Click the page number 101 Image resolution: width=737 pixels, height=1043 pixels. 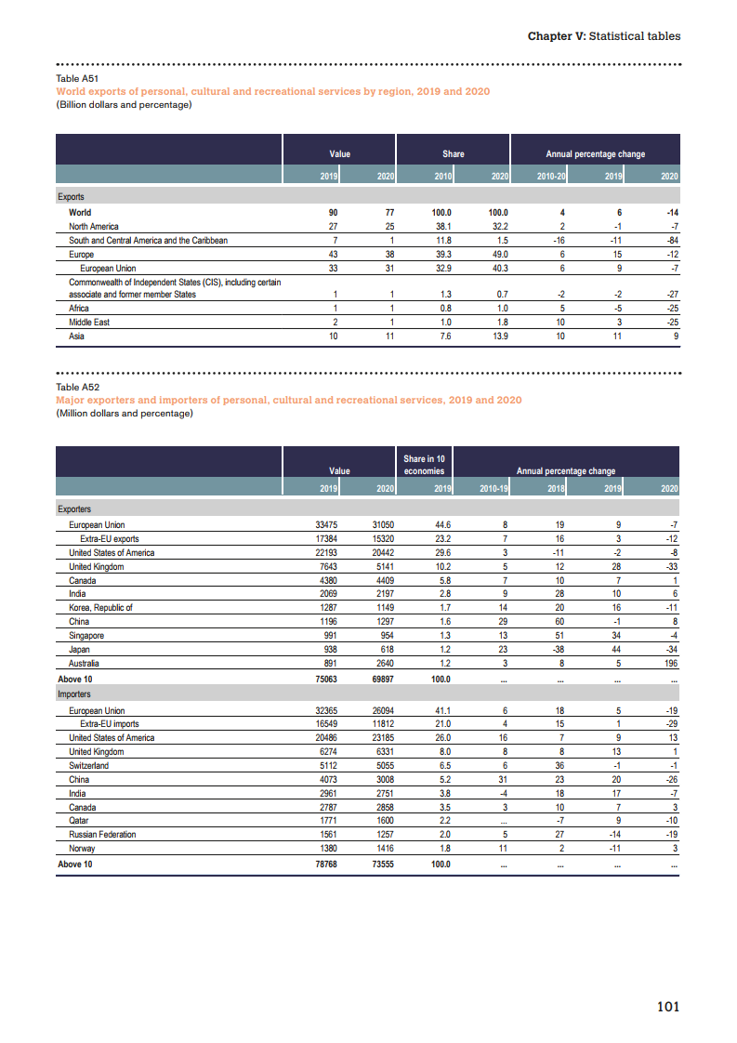[x=668, y=1007]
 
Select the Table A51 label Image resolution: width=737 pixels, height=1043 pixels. [x=78, y=80]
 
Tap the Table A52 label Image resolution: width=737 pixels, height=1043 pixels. [x=78, y=387]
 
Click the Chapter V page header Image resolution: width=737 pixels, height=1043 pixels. [x=603, y=36]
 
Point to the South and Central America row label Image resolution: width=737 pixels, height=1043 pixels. [x=148, y=240]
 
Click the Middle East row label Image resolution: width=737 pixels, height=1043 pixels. [x=89, y=323]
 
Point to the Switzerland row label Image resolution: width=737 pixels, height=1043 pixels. [x=88, y=766]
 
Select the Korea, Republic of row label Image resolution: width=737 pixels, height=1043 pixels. [x=100, y=608]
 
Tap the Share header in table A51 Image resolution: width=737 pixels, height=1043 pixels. [x=453, y=153]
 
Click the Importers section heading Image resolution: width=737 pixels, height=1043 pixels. [x=74, y=694]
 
